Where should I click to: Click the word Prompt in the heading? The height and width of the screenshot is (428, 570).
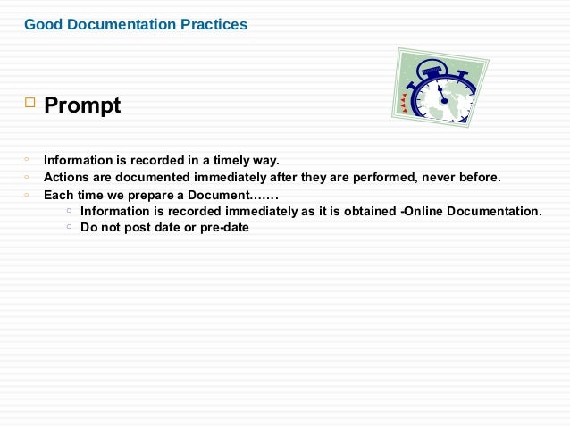pyautogui.click(x=82, y=106)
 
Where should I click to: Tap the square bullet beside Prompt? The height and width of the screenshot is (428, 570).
pyautogui.click(x=29, y=105)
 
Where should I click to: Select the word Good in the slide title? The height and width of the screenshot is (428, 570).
pyautogui.click(x=41, y=24)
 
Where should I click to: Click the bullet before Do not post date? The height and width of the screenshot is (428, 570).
pyautogui.click(x=69, y=227)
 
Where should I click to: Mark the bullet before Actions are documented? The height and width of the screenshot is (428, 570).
pyautogui.click(x=28, y=177)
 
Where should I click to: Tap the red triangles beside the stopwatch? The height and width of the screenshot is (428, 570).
pyautogui.click(x=404, y=104)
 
